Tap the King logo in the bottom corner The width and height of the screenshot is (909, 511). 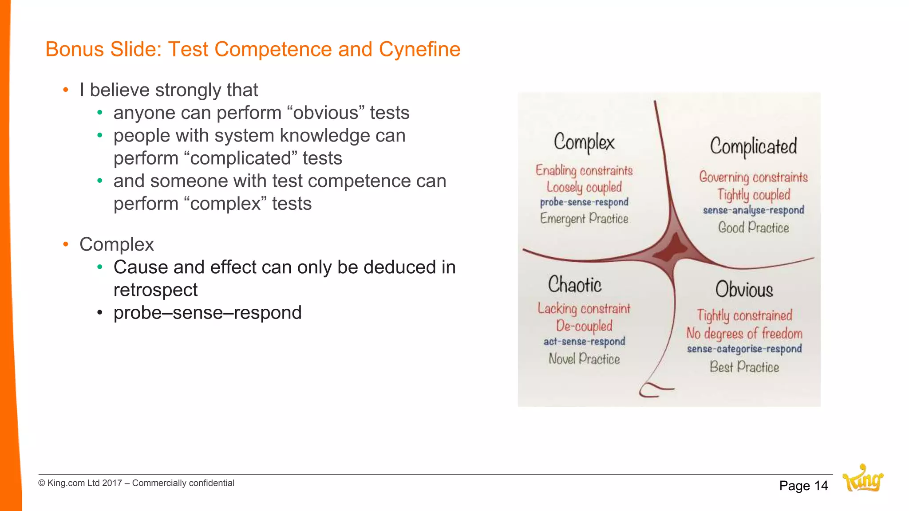tap(863, 479)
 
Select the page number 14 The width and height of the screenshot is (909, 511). tap(821, 486)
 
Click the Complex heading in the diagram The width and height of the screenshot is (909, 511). tap(584, 142)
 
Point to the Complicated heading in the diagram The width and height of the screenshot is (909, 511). tap(753, 146)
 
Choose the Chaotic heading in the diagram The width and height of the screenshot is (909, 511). tap(575, 285)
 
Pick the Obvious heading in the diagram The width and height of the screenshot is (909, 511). tap(744, 290)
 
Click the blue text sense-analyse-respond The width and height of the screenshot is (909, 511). tap(753, 210)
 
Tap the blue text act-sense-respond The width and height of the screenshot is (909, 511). tap(584, 342)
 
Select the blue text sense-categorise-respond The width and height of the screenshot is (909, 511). tap(744, 349)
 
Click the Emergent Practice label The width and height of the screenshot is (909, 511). tap(584, 219)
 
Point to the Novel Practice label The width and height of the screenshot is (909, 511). tap(584, 359)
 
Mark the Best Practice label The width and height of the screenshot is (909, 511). tap(744, 367)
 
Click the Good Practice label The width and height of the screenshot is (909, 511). tap(753, 228)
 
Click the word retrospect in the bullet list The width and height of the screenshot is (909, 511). tap(155, 290)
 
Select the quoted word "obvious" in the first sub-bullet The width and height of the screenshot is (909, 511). tap(326, 113)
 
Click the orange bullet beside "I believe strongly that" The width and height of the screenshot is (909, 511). tap(66, 90)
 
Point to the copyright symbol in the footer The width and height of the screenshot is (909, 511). tap(42, 483)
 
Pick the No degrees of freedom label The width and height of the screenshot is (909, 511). tap(744, 333)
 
